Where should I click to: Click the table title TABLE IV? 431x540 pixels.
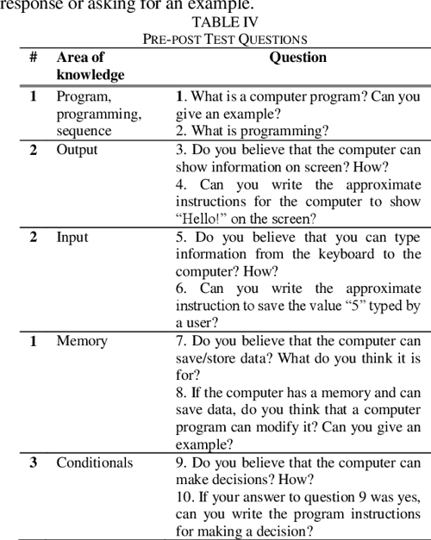pos(225,22)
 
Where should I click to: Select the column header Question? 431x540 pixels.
pos(297,58)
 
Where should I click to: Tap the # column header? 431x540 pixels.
pos(33,58)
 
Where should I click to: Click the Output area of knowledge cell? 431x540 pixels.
pos(77,150)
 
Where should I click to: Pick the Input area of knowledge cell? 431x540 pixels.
pos(72,237)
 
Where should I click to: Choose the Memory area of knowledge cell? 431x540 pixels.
pos(82,341)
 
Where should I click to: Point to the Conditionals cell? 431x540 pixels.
pos(95,462)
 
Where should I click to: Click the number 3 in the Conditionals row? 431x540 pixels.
pos(34,462)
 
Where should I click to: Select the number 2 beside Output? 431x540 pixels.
pos(34,150)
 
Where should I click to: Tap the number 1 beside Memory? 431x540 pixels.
pos(34,341)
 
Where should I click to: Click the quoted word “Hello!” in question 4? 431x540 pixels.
pos(198,219)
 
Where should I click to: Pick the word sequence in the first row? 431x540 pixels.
pos(84,131)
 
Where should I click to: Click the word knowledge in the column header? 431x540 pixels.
pos(90,75)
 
